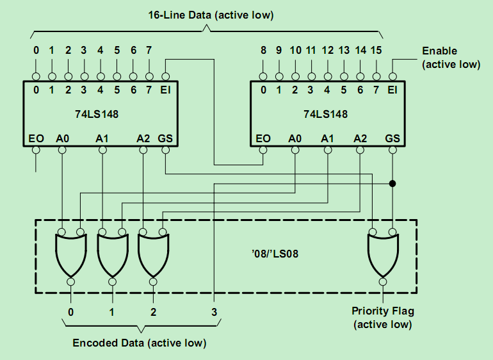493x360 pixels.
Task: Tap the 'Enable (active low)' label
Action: pos(449,57)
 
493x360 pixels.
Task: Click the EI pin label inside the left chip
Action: pos(166,90)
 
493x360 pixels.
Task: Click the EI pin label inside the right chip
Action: pos(392,90)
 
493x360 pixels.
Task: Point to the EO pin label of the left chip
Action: pos(36,138)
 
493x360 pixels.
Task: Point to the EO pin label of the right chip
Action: pos(263,138)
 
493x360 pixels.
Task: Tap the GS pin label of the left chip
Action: pos(166,138)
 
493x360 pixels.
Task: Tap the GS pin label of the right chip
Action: pos(392,138)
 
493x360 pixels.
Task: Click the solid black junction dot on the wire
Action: pos(392,184)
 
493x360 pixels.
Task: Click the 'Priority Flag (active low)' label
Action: pos(383,318)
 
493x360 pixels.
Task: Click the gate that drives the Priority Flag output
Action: pos(383,254)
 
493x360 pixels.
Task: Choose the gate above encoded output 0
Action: pos(70,254)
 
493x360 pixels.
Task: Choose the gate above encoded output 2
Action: pos(153,254)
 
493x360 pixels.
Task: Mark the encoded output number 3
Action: pos(214,312)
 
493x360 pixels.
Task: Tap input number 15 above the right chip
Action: pos(376,49)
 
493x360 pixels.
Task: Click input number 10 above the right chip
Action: pos(295,49)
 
